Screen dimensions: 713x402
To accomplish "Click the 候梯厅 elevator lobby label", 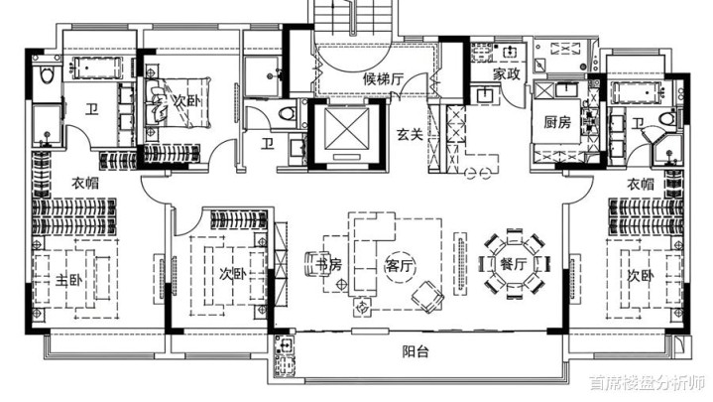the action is tap(384, 79).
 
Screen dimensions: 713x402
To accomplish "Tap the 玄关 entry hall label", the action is tap(410, 134).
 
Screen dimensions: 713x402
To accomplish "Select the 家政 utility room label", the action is tap(506, 73).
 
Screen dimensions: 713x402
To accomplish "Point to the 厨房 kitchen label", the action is tap(557, 122).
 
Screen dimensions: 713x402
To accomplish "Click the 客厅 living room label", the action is tap(401, 265).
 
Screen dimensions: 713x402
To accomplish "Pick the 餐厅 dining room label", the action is tap(513, 264).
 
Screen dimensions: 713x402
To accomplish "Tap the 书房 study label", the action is tap(328, 264).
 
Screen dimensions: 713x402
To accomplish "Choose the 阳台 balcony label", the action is tap(416, 351).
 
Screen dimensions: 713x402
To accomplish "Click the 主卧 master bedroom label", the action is tap(69, 280).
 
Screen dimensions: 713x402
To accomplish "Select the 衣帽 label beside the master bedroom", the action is tap(85, 183).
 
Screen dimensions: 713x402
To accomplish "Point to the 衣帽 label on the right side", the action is tap(641, 184).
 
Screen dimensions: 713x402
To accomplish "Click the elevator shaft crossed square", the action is tap(347, 129).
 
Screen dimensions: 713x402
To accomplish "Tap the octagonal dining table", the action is tap(514, 264).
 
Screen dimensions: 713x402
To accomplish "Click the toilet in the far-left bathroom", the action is tap(47, 74).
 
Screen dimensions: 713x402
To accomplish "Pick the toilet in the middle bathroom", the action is tap(287, 113).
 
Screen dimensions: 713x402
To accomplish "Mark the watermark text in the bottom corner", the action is tap(648, 382).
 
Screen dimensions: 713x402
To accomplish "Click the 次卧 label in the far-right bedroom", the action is tap(641, 276).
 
